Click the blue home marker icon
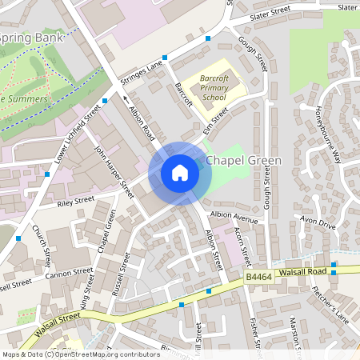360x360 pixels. [x=180, y=173]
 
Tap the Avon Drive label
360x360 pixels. [x=317, y=225]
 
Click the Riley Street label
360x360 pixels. [x=74, y=202]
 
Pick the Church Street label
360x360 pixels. [x=43, y=246]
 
